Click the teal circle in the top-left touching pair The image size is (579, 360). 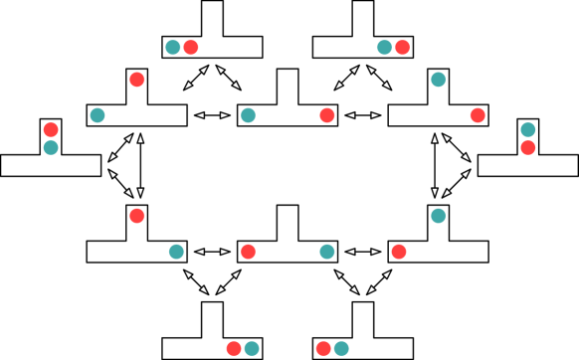[173, 48]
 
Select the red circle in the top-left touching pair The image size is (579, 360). [191, 48]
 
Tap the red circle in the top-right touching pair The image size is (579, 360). [402, 48]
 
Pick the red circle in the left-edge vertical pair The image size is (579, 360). [51, 130]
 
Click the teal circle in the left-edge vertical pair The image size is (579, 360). [51, 148]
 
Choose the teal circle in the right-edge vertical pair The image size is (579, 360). [527, 130]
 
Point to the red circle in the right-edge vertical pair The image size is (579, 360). [527, 148]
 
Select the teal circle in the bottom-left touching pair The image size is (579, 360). [252, 348]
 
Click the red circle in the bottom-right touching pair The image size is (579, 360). [323, 348]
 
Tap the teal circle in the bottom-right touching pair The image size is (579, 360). [341, 348]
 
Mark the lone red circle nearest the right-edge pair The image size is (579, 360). [478, 115]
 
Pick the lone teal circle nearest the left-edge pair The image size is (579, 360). [97, 115]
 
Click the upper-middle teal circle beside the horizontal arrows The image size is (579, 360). [248, 115]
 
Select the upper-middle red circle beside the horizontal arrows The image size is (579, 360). [327, 115]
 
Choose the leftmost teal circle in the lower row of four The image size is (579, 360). [176, 252]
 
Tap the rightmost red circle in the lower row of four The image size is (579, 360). [399, 252]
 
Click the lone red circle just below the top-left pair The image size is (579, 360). [137, 80]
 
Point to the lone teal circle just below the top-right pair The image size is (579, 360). [438, 80]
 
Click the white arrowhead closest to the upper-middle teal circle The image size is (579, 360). [225, 115]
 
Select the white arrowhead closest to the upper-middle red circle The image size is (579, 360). [350, 115]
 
